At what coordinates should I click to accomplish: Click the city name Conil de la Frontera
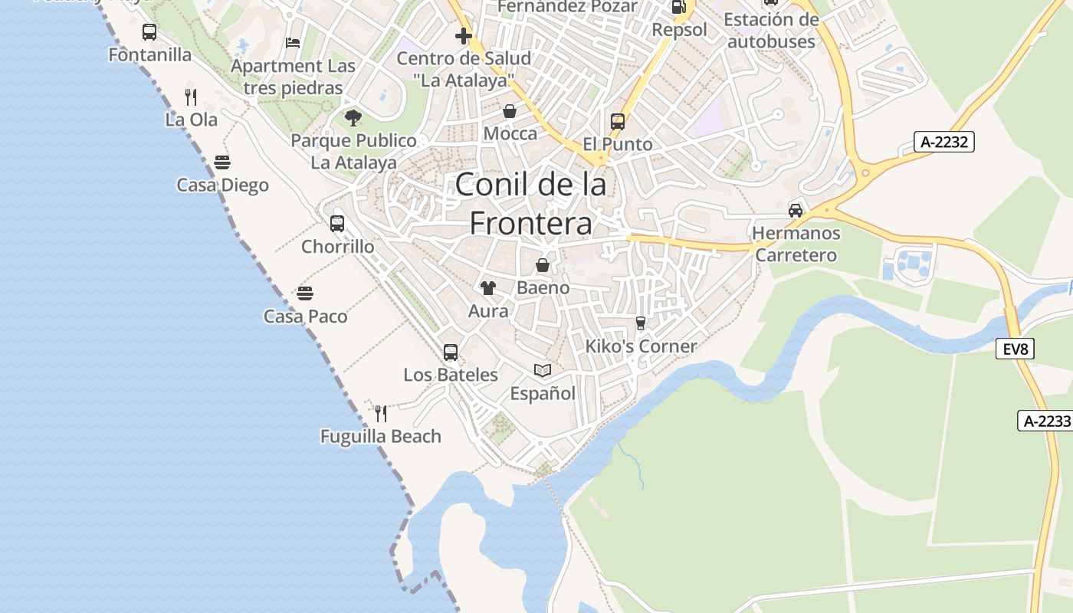point(531,204)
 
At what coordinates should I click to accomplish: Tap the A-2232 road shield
point(944,141)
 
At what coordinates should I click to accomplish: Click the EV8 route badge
point(1016,349)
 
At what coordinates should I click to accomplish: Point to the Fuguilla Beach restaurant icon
point(381,414)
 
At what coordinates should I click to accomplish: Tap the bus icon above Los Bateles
point(451,352)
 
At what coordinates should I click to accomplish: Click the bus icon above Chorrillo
point(337,224)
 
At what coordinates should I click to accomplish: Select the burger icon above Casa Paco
point(305,293)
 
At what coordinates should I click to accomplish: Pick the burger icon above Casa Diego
point(222,162)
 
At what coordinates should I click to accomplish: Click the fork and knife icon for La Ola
point(191,97)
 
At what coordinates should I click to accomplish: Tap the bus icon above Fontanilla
point(149,32)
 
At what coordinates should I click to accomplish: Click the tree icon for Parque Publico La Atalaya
point(353,118)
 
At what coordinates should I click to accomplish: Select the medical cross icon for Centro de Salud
point(464,35)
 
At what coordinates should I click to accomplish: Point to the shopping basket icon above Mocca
point(510,111)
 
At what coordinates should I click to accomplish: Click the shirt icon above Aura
point(488,288)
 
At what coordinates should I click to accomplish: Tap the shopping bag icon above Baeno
point(543,265)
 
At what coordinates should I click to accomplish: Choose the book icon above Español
point(543,371)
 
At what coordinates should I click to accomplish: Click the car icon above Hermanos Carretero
point(796,211)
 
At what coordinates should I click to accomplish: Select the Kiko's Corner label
point(641,346)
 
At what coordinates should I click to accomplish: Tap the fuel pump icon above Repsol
point(678,8)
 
